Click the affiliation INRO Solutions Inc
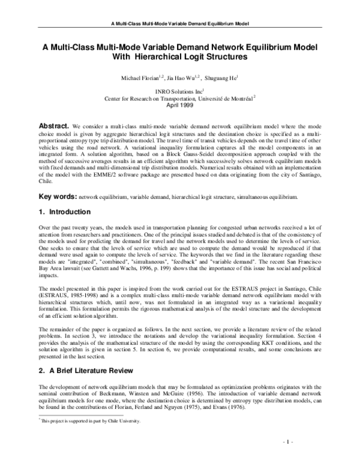point(178,90)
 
